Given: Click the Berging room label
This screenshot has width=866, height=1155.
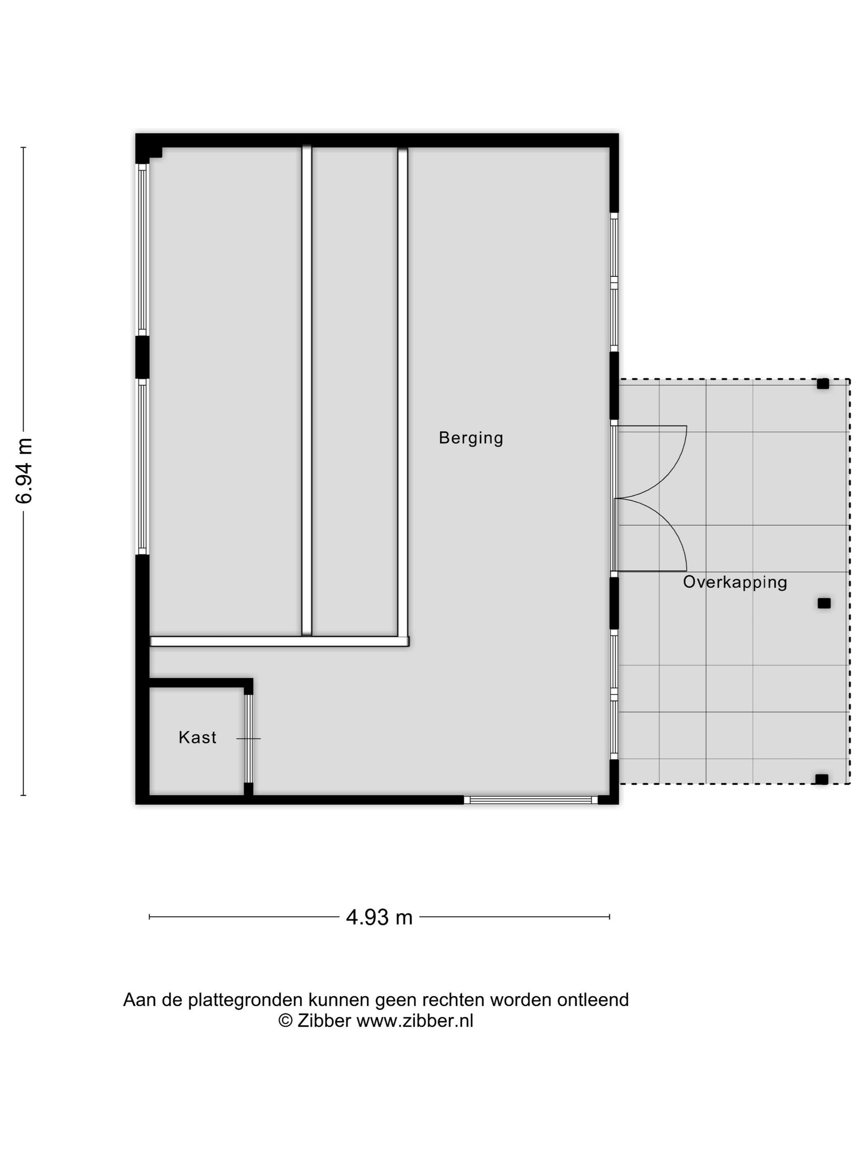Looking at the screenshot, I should click(471, 438).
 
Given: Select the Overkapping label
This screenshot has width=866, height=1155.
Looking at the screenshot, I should click(734, 582).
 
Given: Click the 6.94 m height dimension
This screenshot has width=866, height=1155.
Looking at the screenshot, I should click(24, 471).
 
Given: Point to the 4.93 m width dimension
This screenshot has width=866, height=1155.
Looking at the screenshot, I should click(379, 917).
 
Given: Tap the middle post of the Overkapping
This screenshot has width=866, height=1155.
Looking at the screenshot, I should click(824, 603).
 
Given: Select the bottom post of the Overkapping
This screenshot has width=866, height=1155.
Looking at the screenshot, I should click(821, 780).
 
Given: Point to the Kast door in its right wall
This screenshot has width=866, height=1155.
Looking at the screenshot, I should click(249, 738).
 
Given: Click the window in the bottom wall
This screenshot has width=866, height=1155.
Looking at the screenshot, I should click(530, 799).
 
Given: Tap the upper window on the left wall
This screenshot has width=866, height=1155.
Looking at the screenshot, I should click(142, 249).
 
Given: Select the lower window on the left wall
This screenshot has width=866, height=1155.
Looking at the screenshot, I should click(142, 466).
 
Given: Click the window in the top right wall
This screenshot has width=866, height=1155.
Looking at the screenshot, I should click(614, 282).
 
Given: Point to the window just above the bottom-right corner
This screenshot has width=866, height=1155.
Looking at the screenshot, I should click(614, 695).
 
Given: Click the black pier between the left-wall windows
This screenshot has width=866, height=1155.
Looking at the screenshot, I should click(142, 357).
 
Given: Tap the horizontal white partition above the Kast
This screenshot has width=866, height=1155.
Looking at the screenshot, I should click(279, 641).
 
